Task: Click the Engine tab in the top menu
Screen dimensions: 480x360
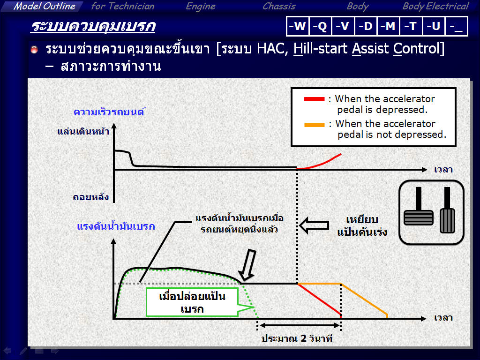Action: point(201,7)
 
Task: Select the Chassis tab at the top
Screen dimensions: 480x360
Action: point(279,6)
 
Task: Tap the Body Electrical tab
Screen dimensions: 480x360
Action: point(435,7)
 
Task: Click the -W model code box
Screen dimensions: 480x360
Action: point(298,26)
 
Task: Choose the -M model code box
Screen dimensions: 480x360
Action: point(388,26)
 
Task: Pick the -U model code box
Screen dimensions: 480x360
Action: point(434,26)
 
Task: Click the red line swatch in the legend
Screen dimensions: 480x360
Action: point(314,99)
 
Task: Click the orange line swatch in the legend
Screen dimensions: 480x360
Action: point(314,125)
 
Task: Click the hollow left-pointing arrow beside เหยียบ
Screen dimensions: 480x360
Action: point(314,225)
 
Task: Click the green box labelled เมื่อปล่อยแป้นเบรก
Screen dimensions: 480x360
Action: point(192,302)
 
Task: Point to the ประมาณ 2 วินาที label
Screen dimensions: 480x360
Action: point(297,338)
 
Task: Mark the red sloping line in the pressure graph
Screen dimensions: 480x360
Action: point(319,299)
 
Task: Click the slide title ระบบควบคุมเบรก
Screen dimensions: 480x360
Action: point(93,26)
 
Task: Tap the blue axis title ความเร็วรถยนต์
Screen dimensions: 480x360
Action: point(109,112)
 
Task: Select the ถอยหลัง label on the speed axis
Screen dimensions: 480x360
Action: point(90,196)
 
